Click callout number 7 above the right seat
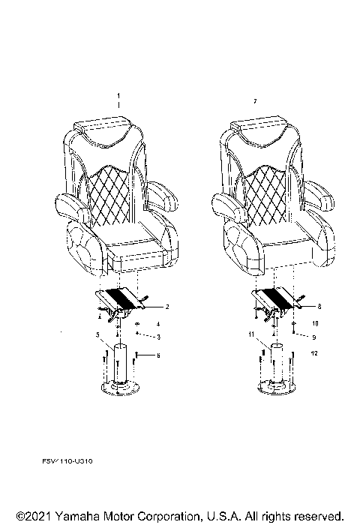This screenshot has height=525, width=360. (x=256, y=100)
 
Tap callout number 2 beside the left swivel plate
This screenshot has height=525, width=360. (x=166, y=307)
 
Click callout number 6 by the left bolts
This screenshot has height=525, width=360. (x=159, y=355)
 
